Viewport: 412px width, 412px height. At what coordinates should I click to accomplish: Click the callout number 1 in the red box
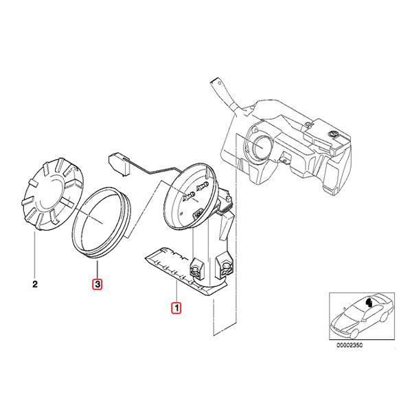click(x=176, y=308)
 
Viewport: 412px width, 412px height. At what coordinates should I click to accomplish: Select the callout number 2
click(x=34, y=283)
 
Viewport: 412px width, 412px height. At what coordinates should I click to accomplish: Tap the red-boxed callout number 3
click(x=98, y=283)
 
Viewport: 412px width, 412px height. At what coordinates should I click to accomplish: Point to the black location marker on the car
click(x=370, y=301)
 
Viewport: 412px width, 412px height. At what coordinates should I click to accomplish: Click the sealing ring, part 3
click(x=102, y=222)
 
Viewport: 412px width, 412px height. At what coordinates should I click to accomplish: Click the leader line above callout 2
click(x=34, y=254)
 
